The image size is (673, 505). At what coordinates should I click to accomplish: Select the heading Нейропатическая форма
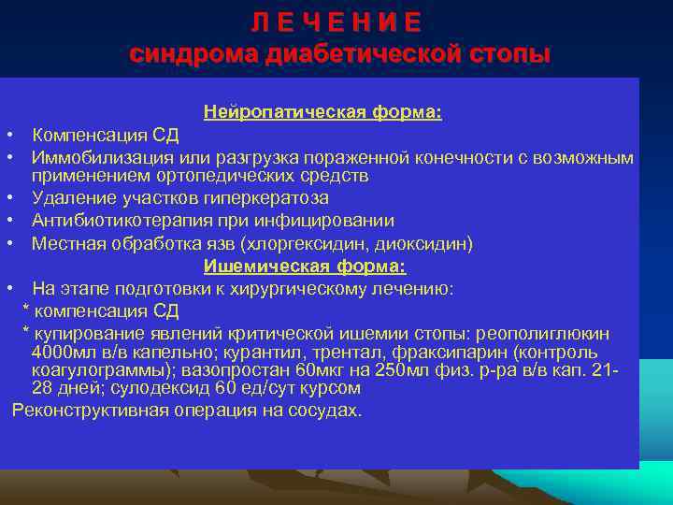pyautogui.click(x=322, y=112)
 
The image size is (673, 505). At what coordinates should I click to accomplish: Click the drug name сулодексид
pyautogui.click(x=162, y=387)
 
